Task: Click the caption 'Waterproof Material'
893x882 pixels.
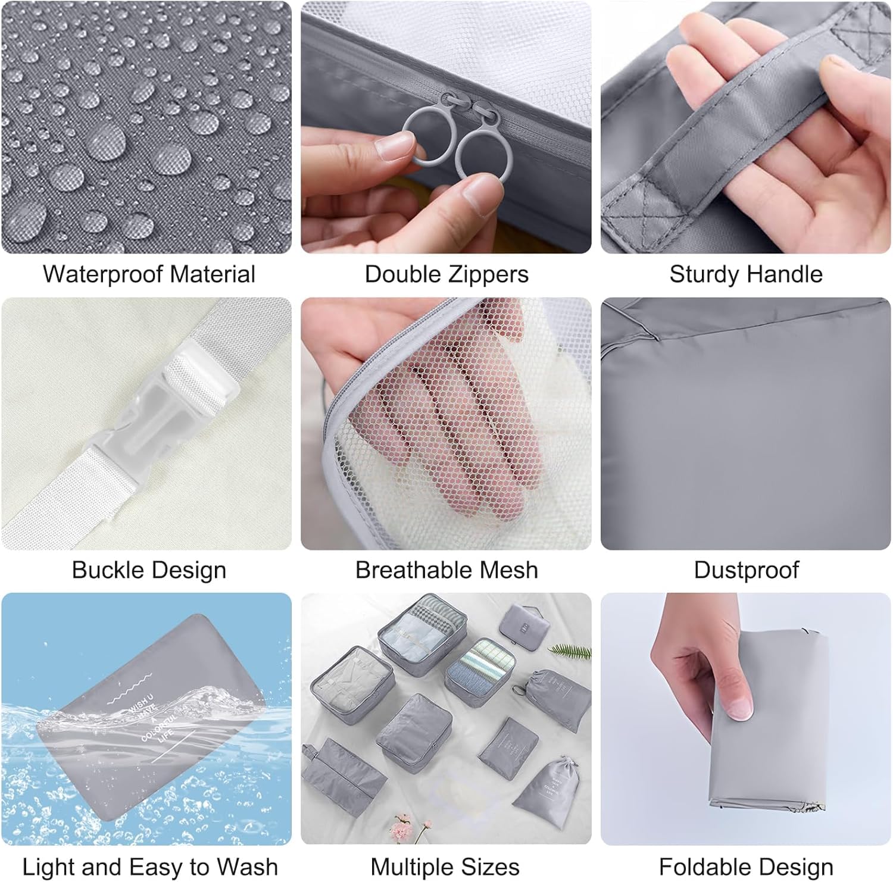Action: click(x=149, y=274)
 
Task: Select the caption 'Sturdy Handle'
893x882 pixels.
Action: click(x=745, y=274)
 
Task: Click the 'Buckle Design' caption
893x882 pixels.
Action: click(x=149, y=570)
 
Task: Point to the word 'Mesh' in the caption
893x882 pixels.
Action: click(x=510, y=570)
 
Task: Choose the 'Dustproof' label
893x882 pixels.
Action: click(x=746, y=570)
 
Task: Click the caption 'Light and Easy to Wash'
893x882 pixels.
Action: click(x=150, y=867)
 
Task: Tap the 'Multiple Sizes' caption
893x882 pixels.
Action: click(x=445, y=867)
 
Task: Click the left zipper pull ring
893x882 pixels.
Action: click(x=427, y=140)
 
